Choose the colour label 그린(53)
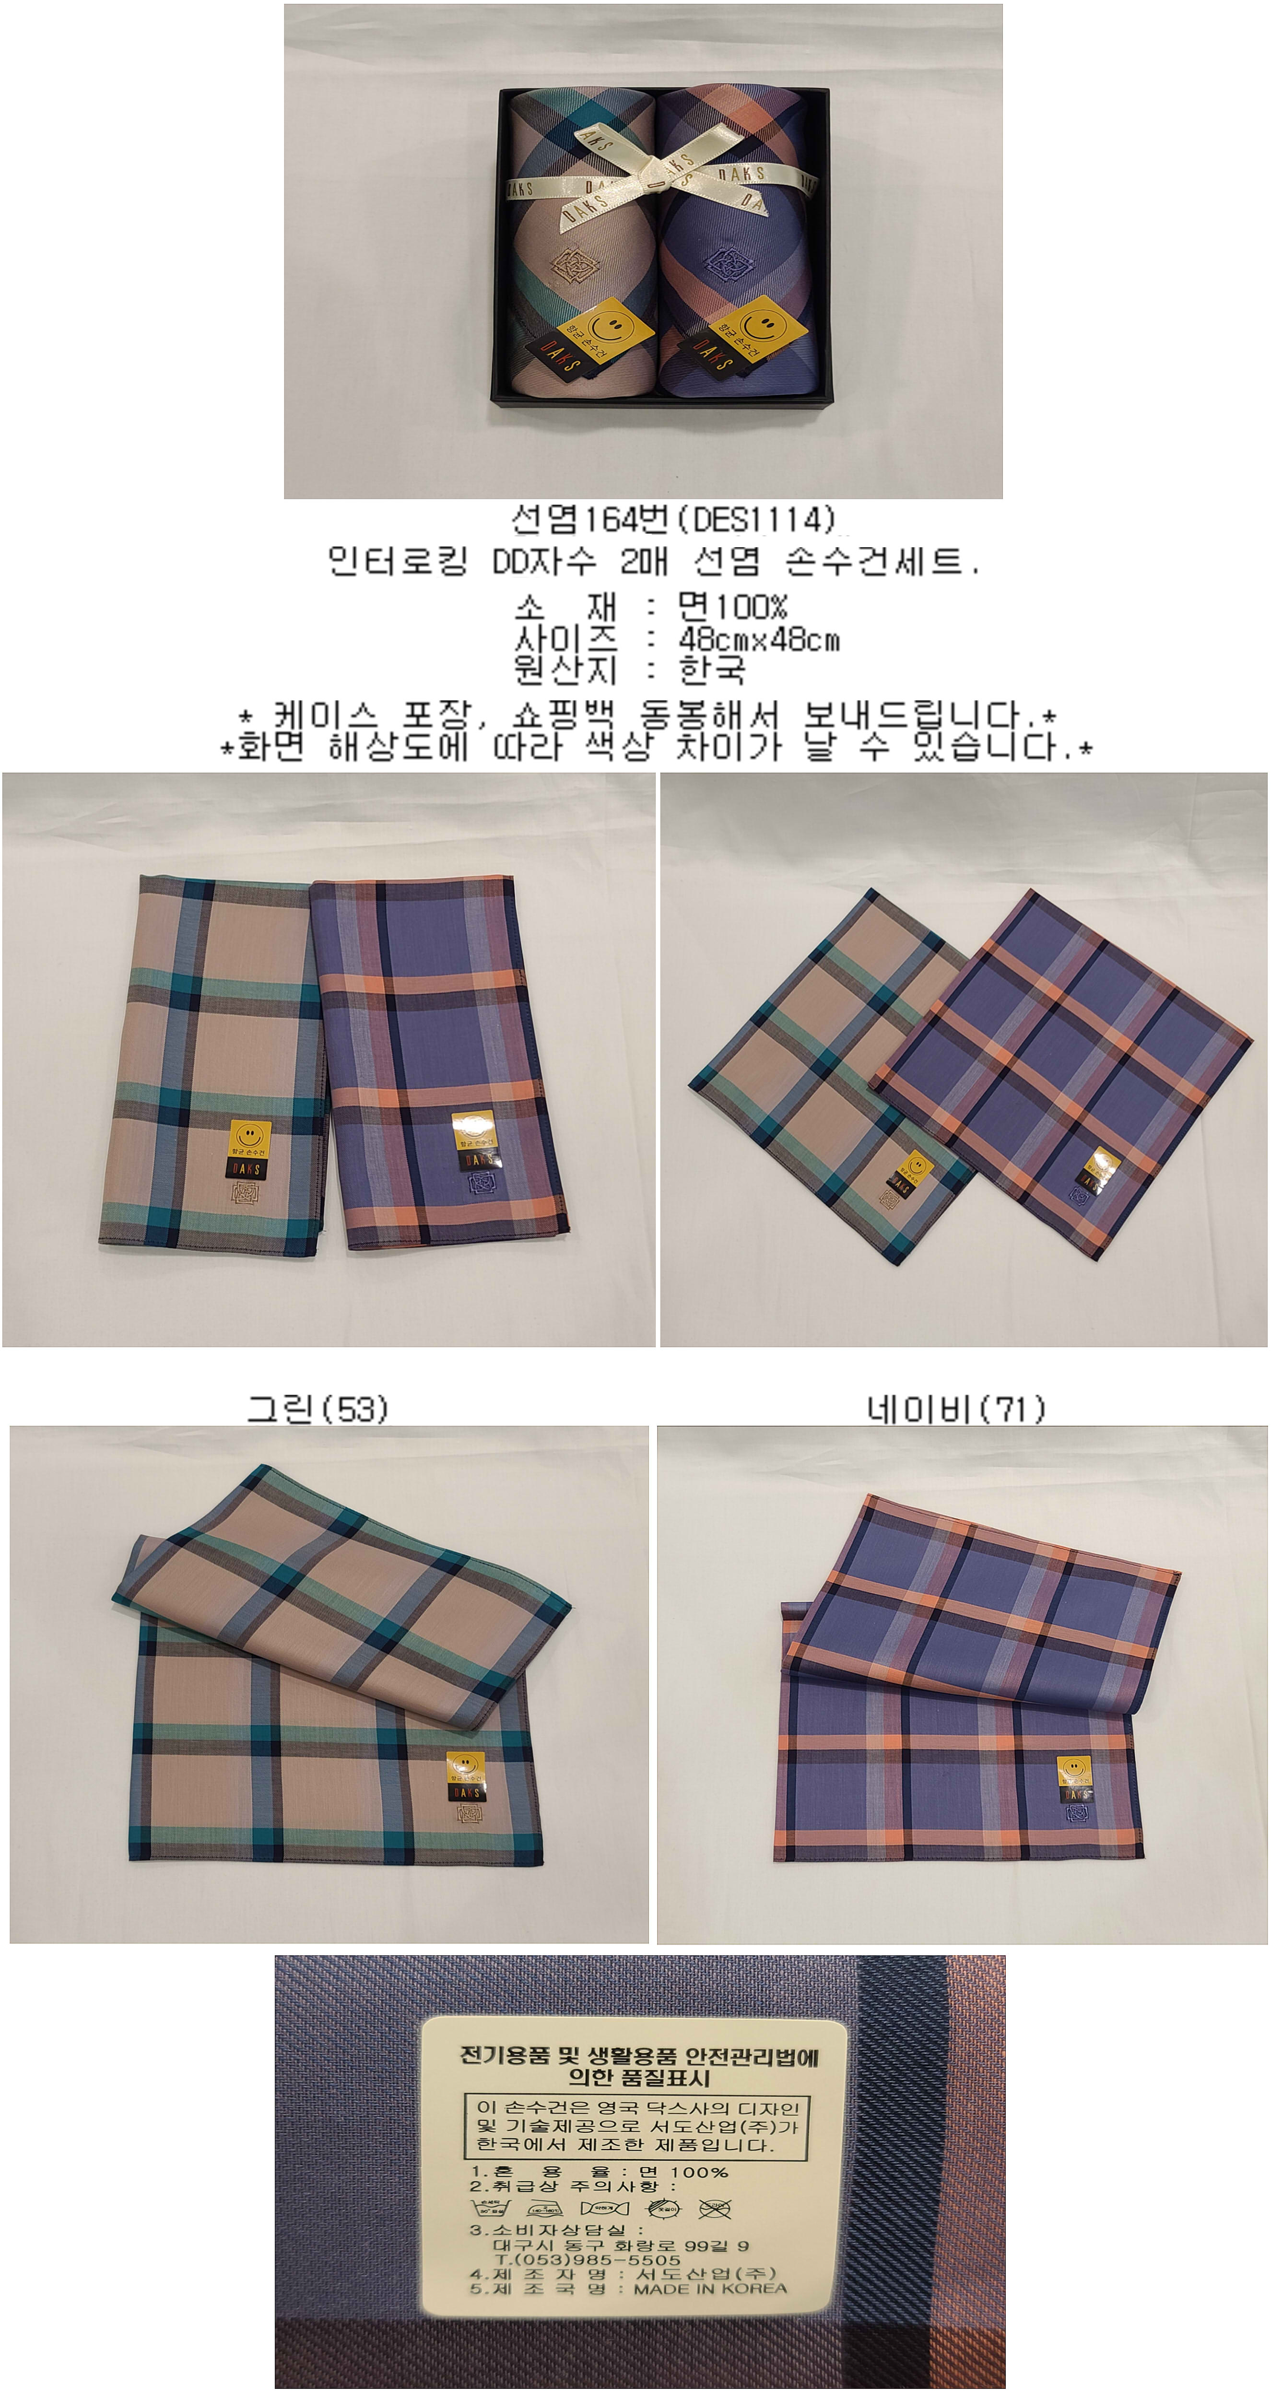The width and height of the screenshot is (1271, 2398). click(317, 1409)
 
